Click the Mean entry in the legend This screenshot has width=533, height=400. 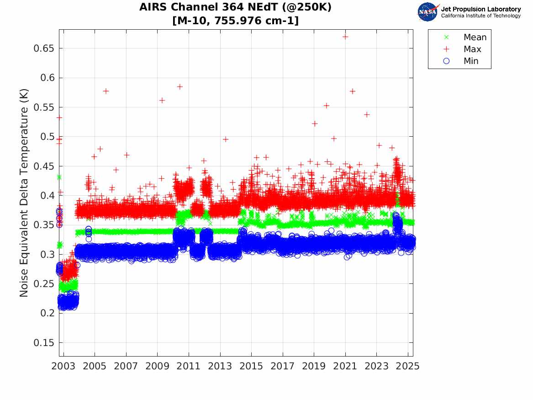click(475, 37)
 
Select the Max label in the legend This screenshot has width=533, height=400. click(472, 49)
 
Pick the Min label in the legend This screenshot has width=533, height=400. click(471, 61)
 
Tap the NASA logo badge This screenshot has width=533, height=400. click(428, 11)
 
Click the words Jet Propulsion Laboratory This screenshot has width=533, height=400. click(481, 9)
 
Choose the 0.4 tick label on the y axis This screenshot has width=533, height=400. click(47, 196)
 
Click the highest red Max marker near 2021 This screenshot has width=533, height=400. click(345, 37)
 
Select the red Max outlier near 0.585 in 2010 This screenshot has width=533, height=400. click(180, 86)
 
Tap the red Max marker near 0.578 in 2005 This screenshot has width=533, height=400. click(106, 91)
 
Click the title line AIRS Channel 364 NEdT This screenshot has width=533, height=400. click(236, 7)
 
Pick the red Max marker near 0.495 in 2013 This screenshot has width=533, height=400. click(225, 139)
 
